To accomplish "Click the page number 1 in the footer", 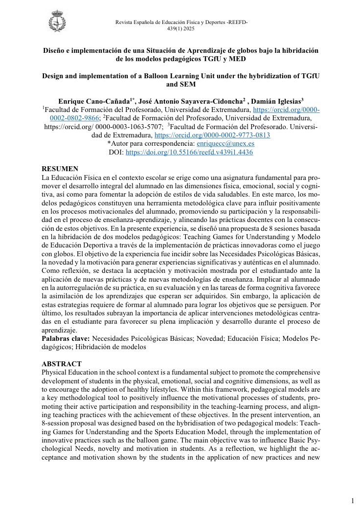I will pyautogui.click(x=352, y=501).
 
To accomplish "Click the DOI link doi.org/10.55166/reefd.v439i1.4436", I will pyautogui.click(x=189, y=152).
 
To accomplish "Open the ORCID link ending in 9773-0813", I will pyautogui.click(x=212, y=135).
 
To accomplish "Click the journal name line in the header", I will pyautogui.click(x=181, y=22).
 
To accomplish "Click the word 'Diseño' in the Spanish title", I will pyautogui.click(x=54, y=51).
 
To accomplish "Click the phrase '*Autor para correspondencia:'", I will pyautogui.click(x=151, y=144).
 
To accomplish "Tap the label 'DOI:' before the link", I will pyautogui.click(x=116, y=152).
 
